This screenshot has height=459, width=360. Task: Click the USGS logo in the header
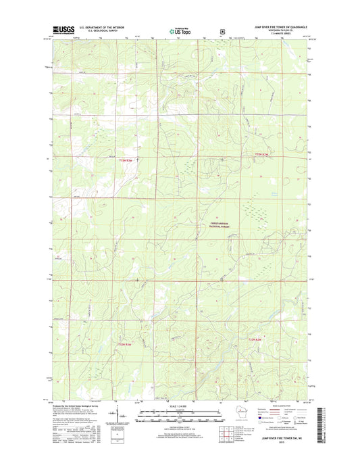point(63,30)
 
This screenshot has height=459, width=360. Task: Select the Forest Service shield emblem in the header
point(223,30)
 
